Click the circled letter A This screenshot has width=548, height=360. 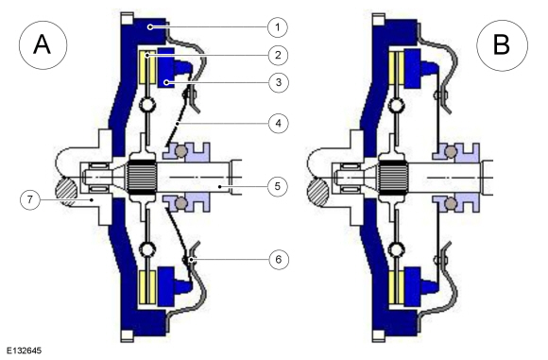point(43,45)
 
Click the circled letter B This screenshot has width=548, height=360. point(502,45)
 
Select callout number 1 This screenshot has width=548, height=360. point(278,26)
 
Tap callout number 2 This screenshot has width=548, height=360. point(278,55)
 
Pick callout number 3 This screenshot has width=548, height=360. point(278,82)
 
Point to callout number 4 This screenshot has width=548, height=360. point(278,123)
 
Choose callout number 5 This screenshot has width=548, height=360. point(278,186)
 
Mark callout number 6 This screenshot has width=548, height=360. point(278,259)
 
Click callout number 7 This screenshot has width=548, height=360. point(30,199)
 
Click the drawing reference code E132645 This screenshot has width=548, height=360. point(24,351)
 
